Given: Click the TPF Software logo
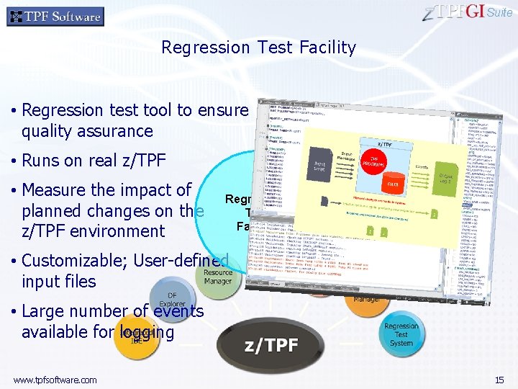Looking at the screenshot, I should point(55,17).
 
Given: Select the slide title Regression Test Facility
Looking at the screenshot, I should point(258,48).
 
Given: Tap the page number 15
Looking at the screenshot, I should point(499,380).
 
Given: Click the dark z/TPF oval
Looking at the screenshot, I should point(272,345).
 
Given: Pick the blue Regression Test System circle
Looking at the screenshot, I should point(401,334).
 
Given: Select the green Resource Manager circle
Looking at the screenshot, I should point(217,277).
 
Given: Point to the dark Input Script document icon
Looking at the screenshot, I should point(318,163).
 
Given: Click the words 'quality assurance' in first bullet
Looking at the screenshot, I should point(87,131).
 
